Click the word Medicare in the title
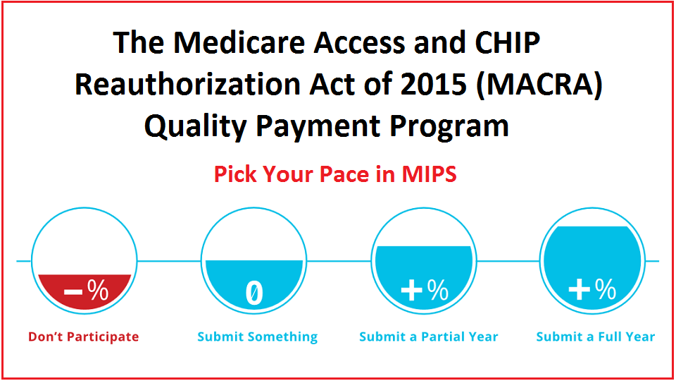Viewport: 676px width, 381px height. pyautogui.click(x=239, y=42)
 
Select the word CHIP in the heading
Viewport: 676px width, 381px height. pyautogui.click(x=508, y=42)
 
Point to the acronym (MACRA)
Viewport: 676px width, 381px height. pyautogui.click(x=539, y=85)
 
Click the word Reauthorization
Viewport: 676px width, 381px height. pyautogui.click(x=187, y=84)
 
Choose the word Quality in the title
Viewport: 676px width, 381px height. pyautogui.click(x=196, y=126)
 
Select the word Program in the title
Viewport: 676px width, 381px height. pyautogui.click(x=449, y=126)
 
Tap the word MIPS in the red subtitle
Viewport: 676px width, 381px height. pyautogui.click(x=429, y=174)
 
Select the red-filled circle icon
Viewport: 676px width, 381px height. pyautogui.click(x=84, y=260)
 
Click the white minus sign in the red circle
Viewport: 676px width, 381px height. pyautogui.click(x=73, y=292)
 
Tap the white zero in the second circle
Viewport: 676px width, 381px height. pyautogui.click(x=254, y=294)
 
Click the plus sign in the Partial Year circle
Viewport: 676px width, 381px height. pyautogui.click(x=411, y=290)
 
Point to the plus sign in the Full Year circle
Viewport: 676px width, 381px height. pyautogui.click(x=579, y=289)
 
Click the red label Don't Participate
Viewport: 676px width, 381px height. pyautogui.click(x=84, y=337)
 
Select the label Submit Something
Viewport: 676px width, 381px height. pyautogui.click(x=258, y=337)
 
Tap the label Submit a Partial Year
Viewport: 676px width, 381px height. pyautogui.click(x=429, y=337)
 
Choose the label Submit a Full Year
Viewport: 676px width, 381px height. pyautogui.click(x=596, y=337)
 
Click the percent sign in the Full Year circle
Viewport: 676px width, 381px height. pyautogui.click(x=606, y=289)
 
